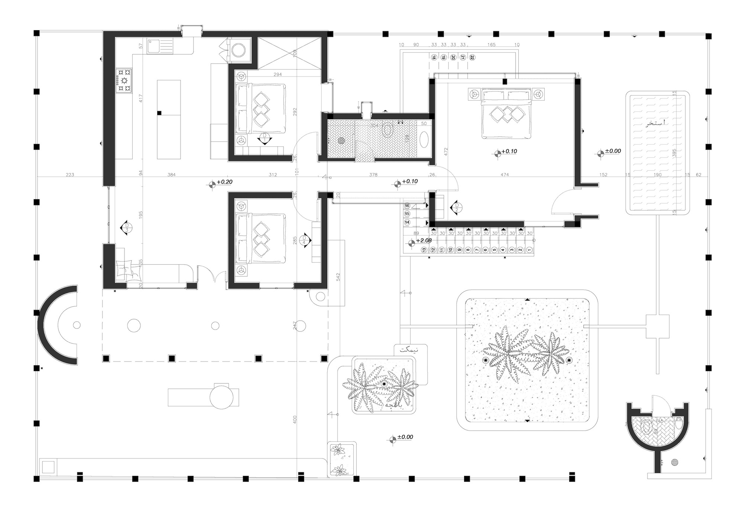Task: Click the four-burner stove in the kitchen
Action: [x=124, y=80]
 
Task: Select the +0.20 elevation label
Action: [x=224, y=182]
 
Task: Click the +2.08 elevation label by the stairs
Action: [x=424, y=241]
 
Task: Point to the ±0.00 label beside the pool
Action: [x=613, y=151]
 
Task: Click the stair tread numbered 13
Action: [x=424, y=250]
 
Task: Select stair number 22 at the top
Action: [x=472, y=58]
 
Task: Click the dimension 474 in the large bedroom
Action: [x=504, y=175]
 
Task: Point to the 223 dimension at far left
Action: [x=70, y=175]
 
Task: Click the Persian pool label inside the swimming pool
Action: [x=656, y=123]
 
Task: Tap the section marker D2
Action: [x=456, y=207]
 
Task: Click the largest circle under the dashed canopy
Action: [x=134, y=325]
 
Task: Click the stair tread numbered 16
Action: [x=408, y=206]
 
